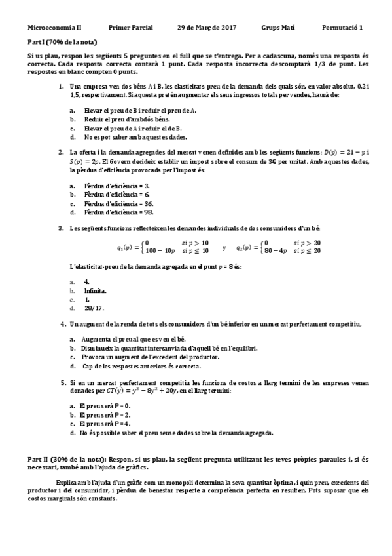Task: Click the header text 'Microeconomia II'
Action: [x=55, y=28]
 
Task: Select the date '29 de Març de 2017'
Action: [x=207, y=28]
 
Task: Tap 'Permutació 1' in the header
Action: [x=342, y=28]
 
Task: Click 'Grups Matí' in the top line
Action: [x=278, y=28]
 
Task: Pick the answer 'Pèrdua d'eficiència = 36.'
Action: [x=118, y=204]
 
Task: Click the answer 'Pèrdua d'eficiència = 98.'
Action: [x=118, y=212]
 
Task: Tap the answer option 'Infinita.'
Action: [x=96, y=289]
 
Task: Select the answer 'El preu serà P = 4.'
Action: [x=104, y=424]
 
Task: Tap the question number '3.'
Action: [x=61, y=228]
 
